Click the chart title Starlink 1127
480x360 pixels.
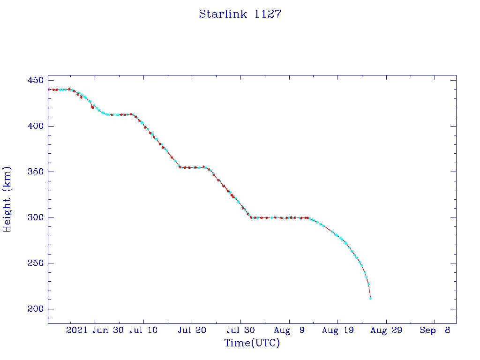coord(240,14)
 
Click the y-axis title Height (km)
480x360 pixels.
coord(7,199)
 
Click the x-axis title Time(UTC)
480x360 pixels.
coord(252,343)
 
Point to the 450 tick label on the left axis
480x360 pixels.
coord(36,81)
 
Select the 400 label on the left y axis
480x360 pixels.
coord(36,126)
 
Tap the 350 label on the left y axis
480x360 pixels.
coord(36,172)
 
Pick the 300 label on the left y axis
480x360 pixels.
coord(36,217)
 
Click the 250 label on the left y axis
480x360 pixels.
coord(36,263)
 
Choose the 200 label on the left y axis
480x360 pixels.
coord(36,309)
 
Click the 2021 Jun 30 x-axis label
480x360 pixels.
coord(95,330)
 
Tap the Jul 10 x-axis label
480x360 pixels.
coord(143,330)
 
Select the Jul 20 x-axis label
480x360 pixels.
coord(192,330)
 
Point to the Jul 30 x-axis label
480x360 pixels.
coord(240,330)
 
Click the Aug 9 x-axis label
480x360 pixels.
coord(289,330)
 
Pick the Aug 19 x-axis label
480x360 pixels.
coord(337,330)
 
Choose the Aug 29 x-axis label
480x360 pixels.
coord(386,330)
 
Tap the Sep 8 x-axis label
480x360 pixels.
coord(435,330)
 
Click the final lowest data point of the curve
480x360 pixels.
coord(370,298)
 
